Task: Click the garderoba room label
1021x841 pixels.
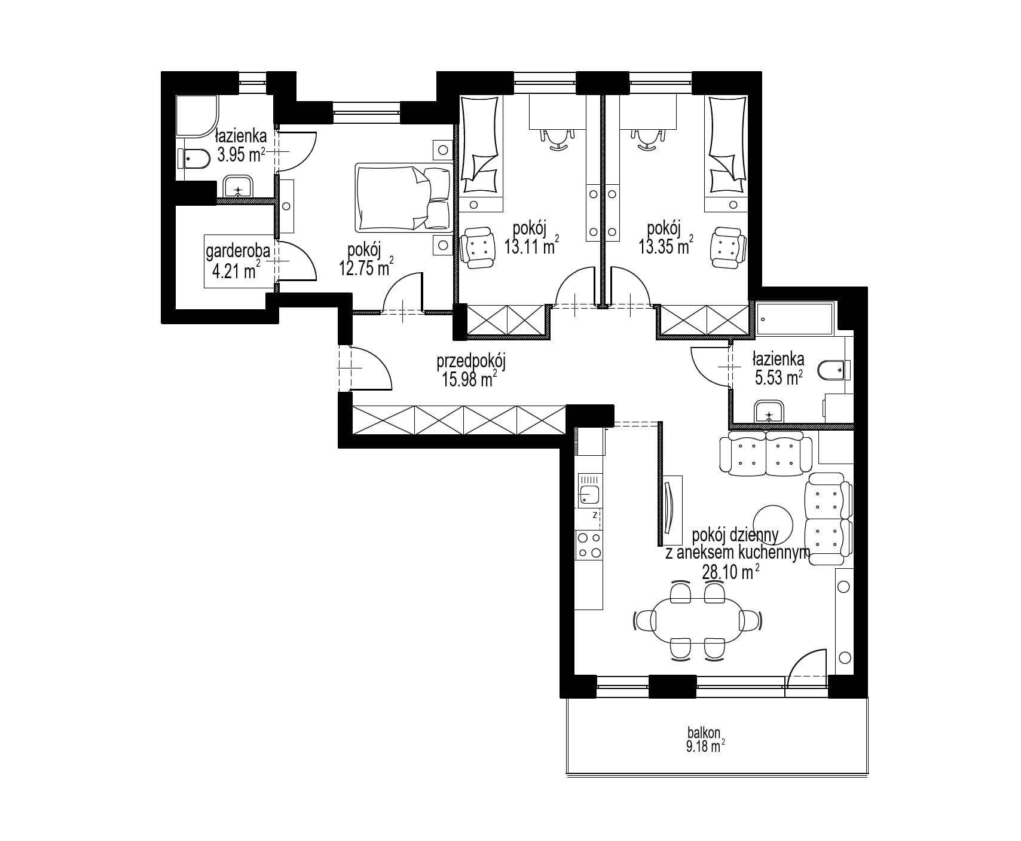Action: (x=237, y=254)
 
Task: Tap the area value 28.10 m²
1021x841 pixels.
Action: (x=730, y=572)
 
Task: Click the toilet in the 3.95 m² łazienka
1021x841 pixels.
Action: (x=192, y=159)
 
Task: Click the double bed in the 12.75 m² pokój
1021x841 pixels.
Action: (x=404, y=197)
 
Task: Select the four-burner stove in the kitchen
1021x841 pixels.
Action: (x=589, y=545)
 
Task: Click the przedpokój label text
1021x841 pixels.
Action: (x=472, y=362)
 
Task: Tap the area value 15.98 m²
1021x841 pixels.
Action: (x=469, y=380)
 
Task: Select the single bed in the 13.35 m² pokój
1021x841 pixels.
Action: (x=727, y=153)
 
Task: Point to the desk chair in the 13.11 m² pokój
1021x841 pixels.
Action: (x=557, y=138)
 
